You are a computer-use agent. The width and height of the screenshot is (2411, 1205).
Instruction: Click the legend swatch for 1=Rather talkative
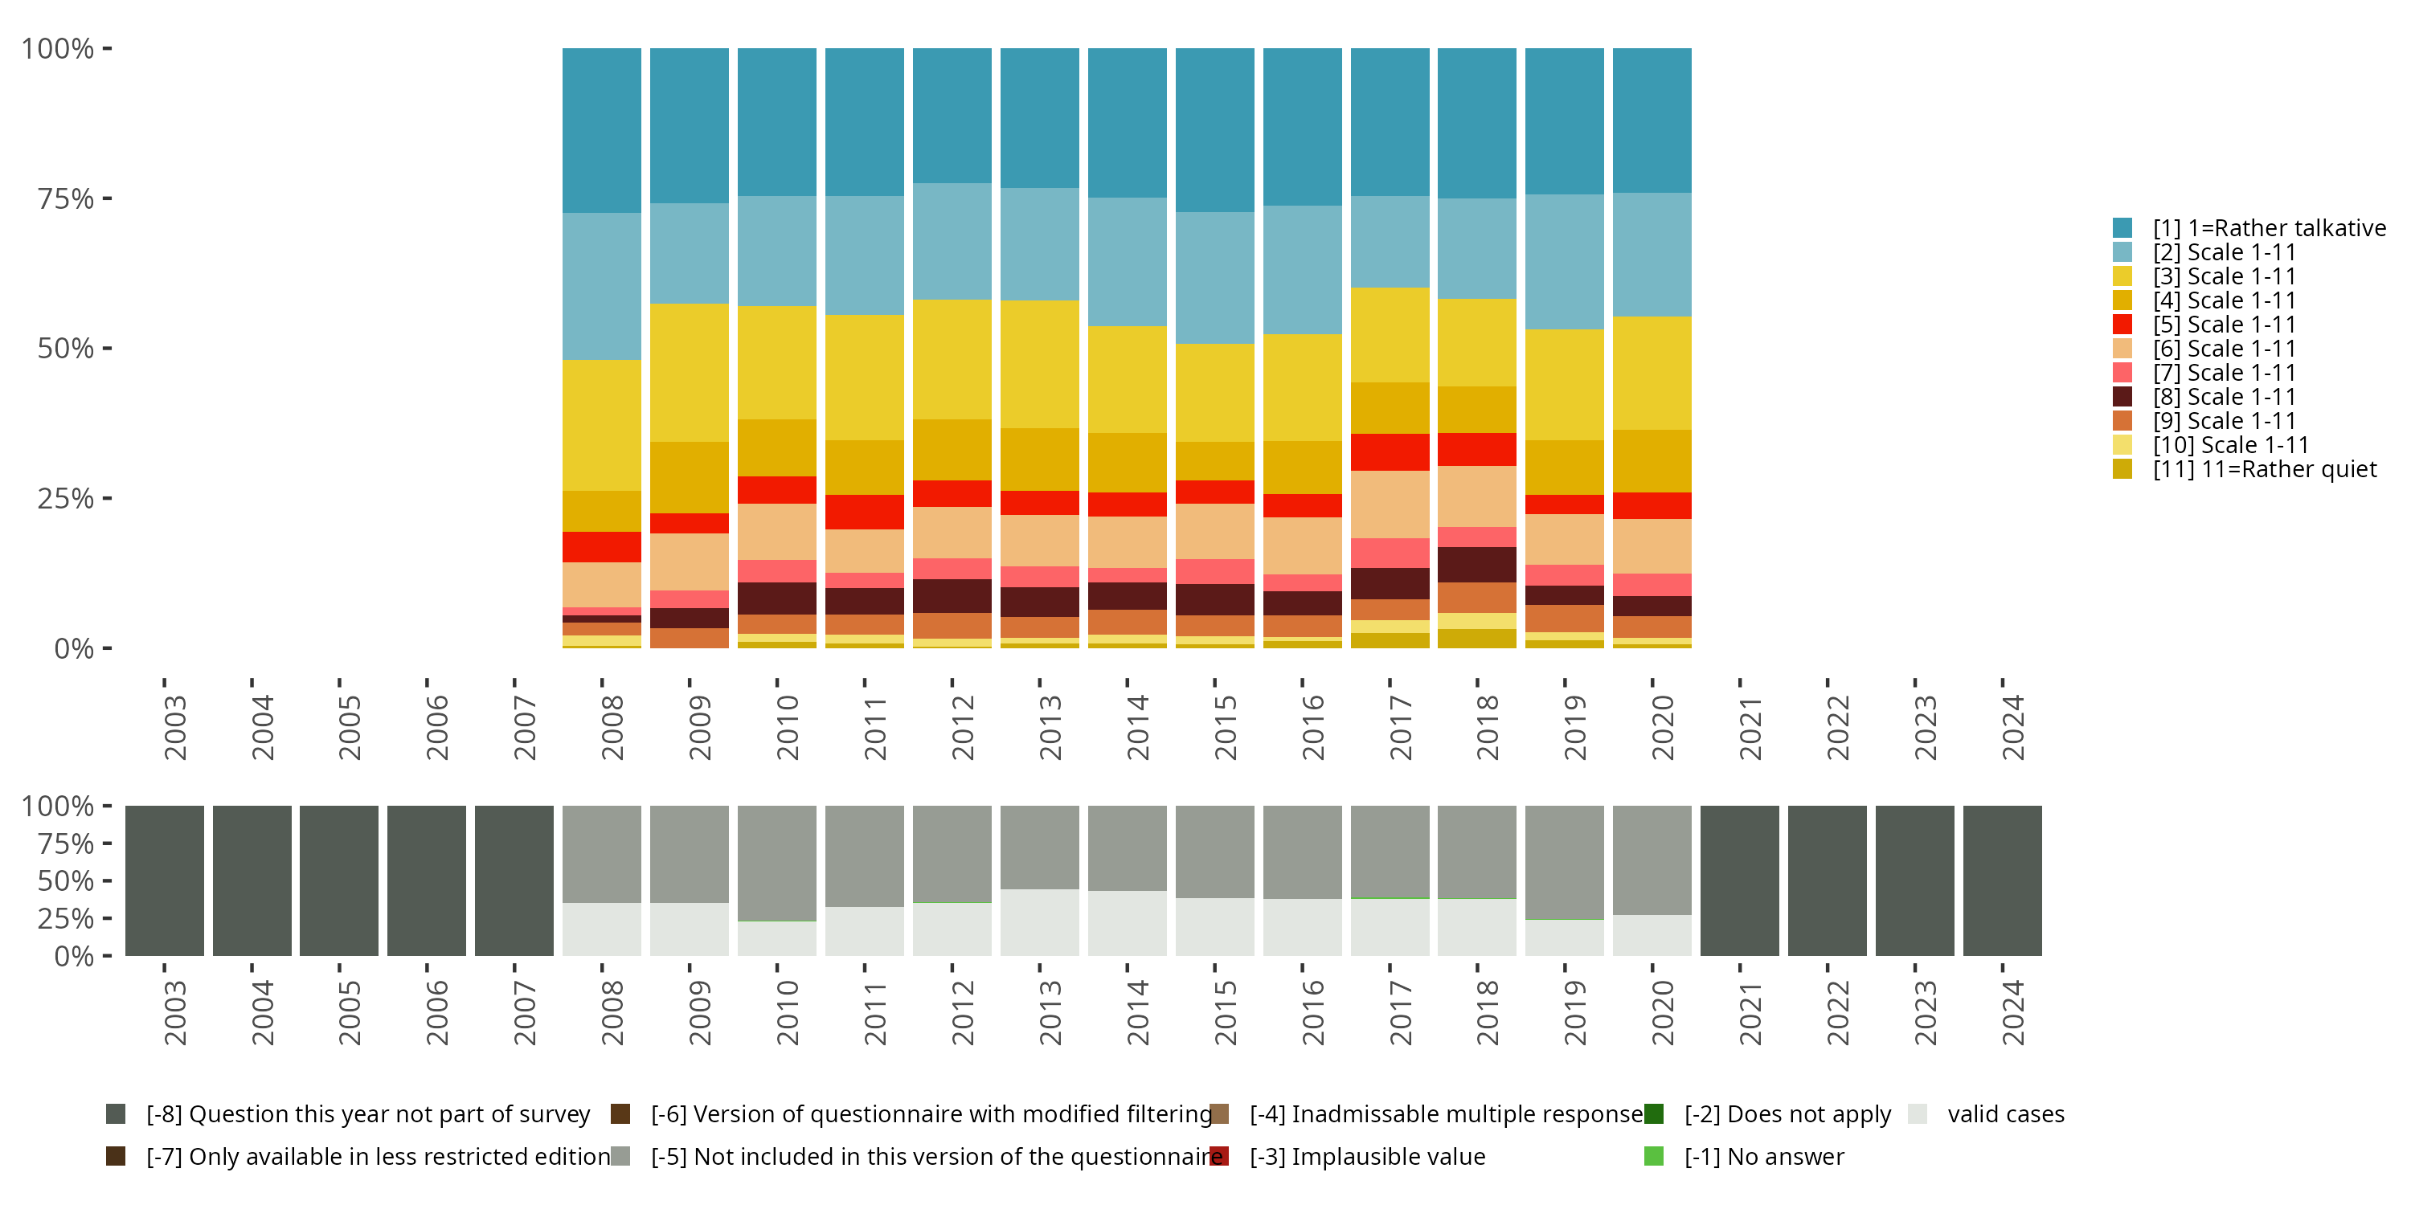click(2122, 227)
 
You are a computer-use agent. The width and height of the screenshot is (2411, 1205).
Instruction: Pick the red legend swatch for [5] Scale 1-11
click(2122, 324)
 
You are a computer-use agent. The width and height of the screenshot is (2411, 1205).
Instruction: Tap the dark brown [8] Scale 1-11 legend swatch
click(2122, 397)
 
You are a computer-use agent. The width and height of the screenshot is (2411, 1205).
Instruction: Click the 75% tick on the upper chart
click(66, 198)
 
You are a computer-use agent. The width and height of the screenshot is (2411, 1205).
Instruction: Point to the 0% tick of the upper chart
click(74, 648)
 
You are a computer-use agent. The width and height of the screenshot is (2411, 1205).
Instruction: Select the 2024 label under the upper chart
click(2012, 727)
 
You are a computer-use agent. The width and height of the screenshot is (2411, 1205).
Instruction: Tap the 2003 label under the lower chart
click(175, 1012)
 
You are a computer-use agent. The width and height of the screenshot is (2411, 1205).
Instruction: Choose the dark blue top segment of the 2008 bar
click(602, 130)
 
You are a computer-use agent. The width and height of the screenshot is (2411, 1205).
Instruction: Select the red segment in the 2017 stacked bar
click(1390, 451)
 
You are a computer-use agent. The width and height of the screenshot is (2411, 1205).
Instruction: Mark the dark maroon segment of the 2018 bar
click(1477, 564)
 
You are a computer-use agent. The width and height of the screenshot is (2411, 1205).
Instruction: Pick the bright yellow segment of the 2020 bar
click(1652, 373)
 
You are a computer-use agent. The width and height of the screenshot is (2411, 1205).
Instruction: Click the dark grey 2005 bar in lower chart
click(339, 880)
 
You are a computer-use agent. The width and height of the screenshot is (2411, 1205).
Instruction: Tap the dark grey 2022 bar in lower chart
click(1827, 880)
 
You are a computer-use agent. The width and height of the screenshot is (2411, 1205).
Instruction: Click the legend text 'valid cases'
click(2005, 1114)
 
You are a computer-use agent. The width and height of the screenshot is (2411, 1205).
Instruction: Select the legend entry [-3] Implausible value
click(1366, 1156)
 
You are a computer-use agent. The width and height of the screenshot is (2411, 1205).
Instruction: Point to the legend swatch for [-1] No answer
click(1654, 1156)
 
